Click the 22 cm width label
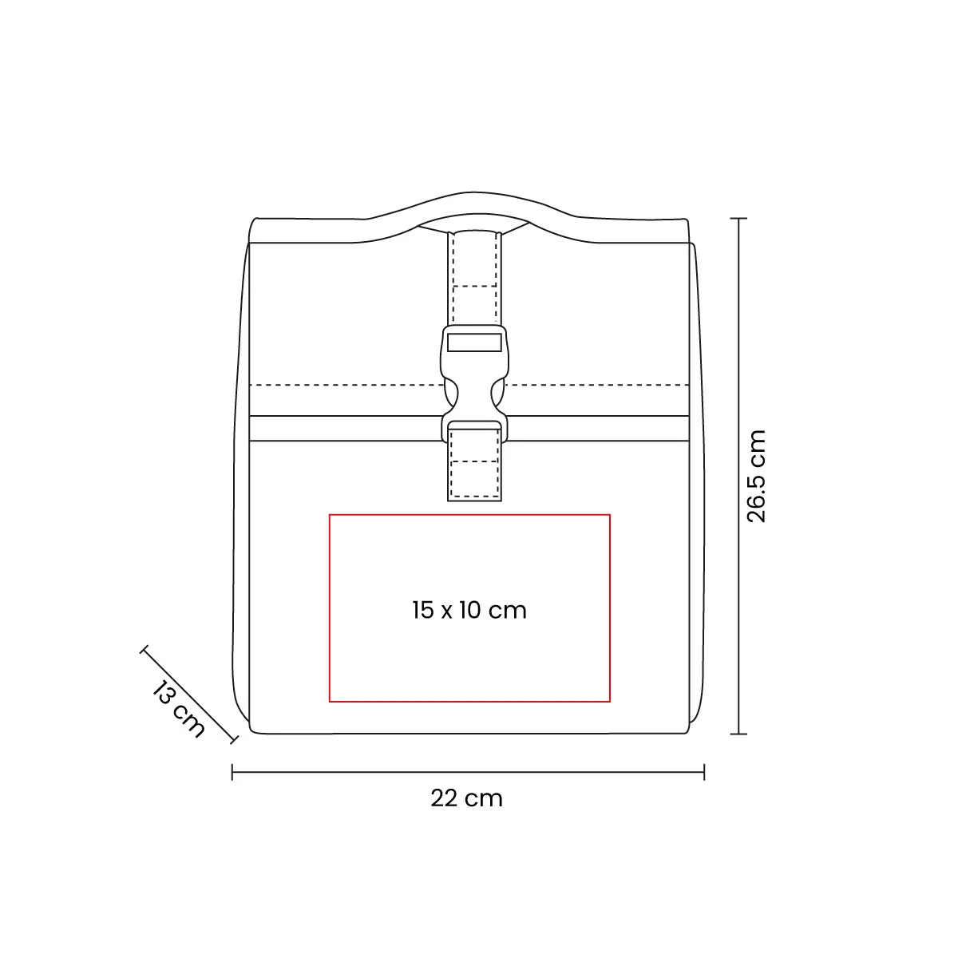[x=466, y=798]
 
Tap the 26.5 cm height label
[x=756, y=477]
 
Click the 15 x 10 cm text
[x=469, y=610]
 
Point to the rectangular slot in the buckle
[x=474, y=342]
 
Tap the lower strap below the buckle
[x=474, y=465]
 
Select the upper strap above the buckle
[x=474, y=279]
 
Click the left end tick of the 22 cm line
[x=232, y=772]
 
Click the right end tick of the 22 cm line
[x=704, y=772]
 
